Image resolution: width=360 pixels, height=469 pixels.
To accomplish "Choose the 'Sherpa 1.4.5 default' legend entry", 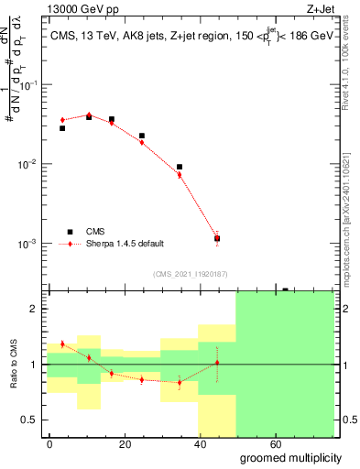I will point(125,244).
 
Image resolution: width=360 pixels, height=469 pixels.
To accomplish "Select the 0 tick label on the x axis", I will point(49,442).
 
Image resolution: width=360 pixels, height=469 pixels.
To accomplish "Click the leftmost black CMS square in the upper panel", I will point(62,128).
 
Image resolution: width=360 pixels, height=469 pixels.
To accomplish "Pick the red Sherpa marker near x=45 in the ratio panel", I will point(216,363).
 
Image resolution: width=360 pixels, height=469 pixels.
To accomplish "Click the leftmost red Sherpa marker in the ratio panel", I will point(62,344).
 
